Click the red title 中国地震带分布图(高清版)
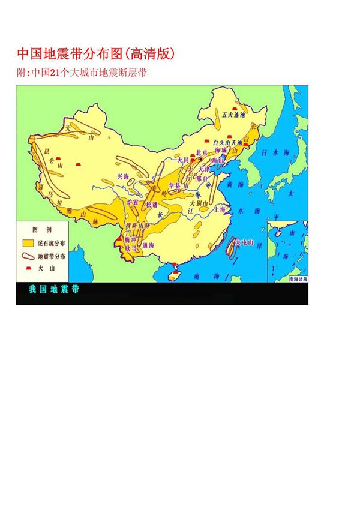pyautogui.click(x=96, y=55)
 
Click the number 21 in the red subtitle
pyautogui.click(x=54, y=73)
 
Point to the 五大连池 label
pyautogui.click(x=234, y=113)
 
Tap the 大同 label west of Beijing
pyautogui.click(x=183, y=161)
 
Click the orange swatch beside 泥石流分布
pyautogui.click(x=28, y=243)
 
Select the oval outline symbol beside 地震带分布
pyautogui.click(x=28, y=254)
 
